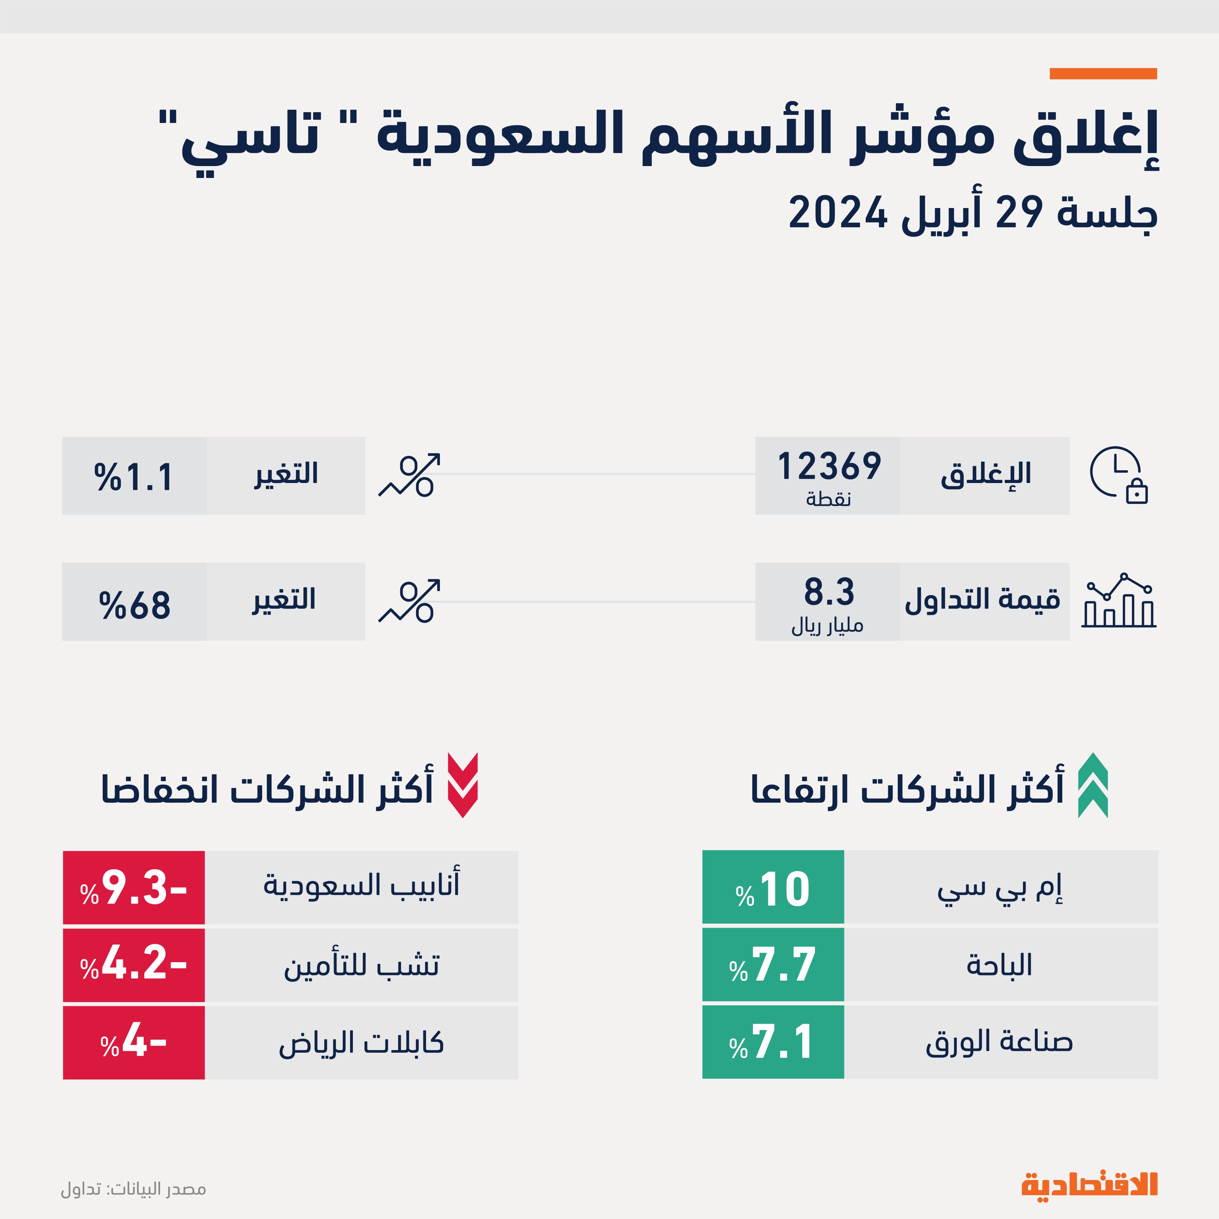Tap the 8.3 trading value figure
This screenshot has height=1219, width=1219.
(x=829, y=592)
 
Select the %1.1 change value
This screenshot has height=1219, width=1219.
(x=134, y=477)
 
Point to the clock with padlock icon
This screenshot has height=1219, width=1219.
(x=1118, y=475)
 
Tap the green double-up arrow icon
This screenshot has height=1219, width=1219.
(x=1093, y=786)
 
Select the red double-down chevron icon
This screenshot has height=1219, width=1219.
(x=462, y=786)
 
